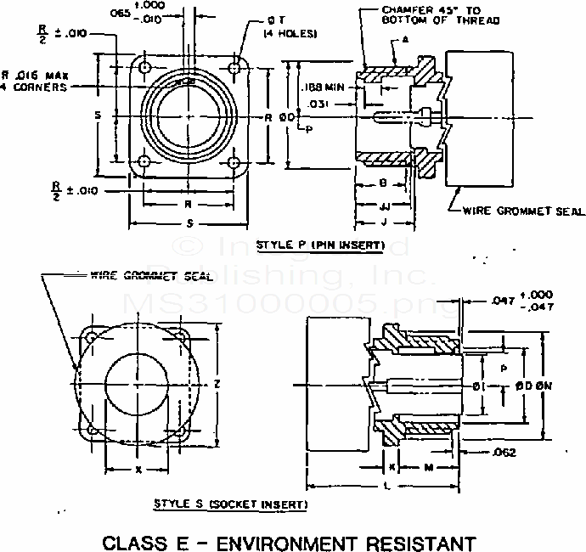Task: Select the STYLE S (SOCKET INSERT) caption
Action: [x=230, y=504]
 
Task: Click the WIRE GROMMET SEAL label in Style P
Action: [x=517, y=211]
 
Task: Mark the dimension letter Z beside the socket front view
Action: [x=218, y=385]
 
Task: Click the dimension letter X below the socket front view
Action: [x=138, y=469]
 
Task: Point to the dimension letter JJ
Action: [x=385, y=206]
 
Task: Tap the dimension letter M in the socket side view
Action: [x=429, y=468]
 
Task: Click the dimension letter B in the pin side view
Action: [x=384, y=183]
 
